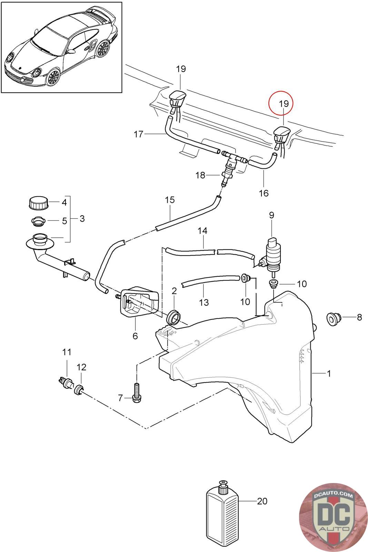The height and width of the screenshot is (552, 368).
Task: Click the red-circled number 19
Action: pos(284,103)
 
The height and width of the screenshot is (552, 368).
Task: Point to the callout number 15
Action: pos(170,200)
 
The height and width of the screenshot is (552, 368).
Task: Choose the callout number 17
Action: pos(138,134)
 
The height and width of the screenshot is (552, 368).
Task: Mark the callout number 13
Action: pos(204,302)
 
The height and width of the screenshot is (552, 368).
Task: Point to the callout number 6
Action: pos(135,336)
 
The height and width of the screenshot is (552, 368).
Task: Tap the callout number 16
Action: pos(263,193)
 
